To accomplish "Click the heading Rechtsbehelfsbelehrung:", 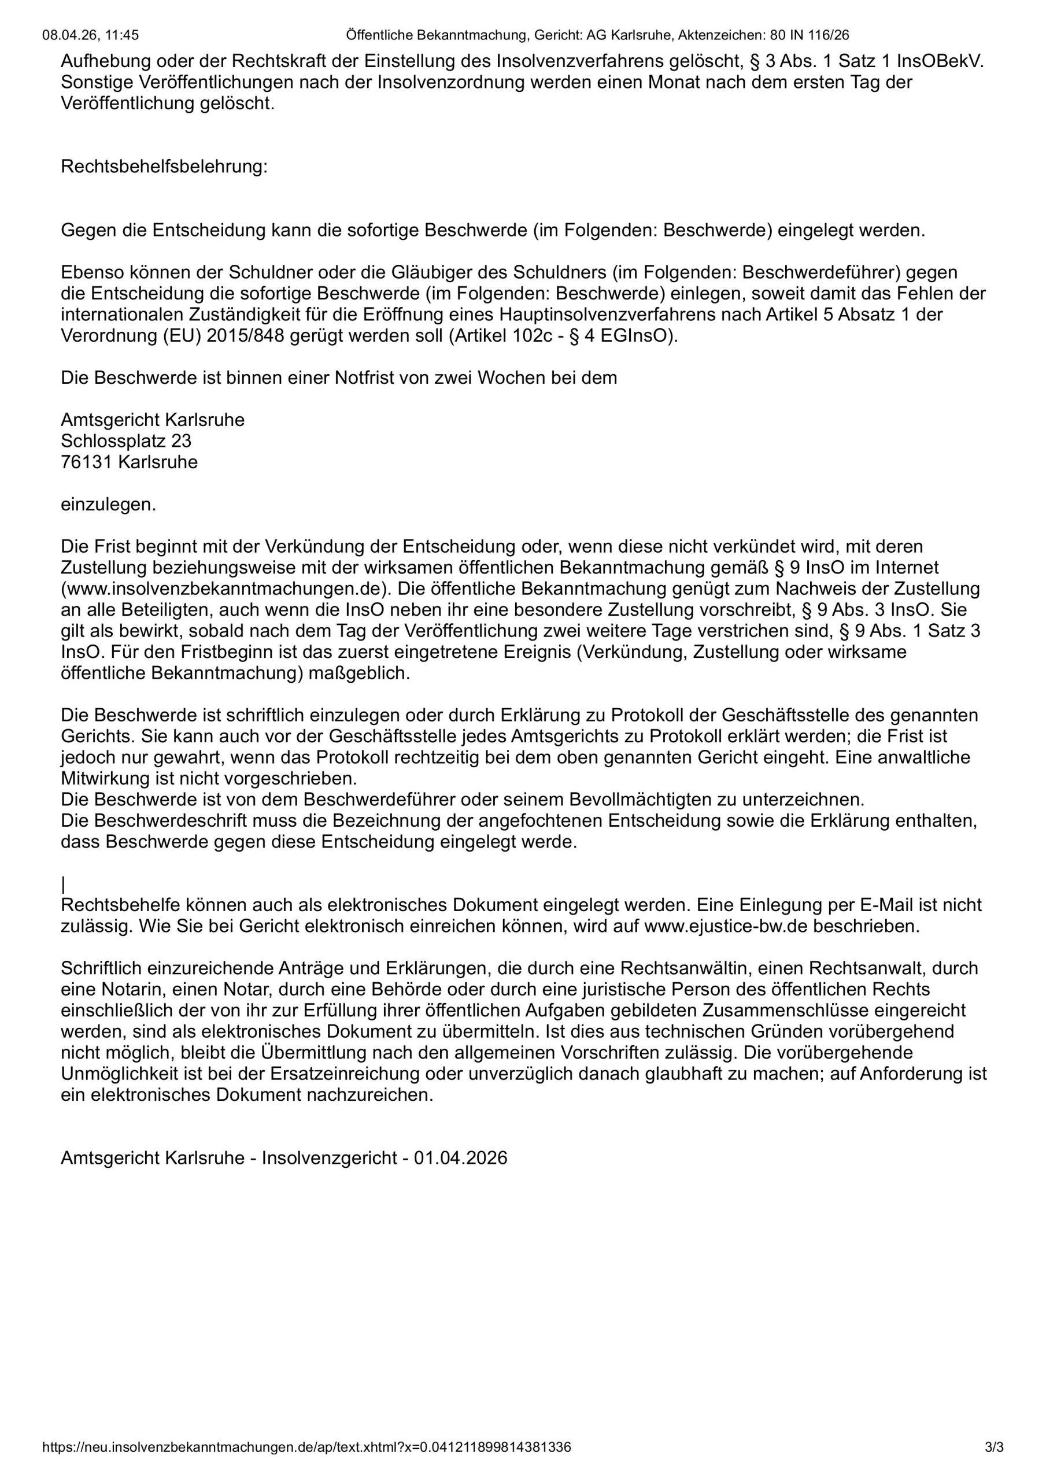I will click(164, 167).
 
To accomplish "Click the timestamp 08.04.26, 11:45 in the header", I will click(90, 35).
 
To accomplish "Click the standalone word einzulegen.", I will click(108, 504).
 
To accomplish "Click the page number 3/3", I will click(994, 1447).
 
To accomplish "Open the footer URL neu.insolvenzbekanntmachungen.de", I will click(306, 1447).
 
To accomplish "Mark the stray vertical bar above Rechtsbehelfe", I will click(63, 885).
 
